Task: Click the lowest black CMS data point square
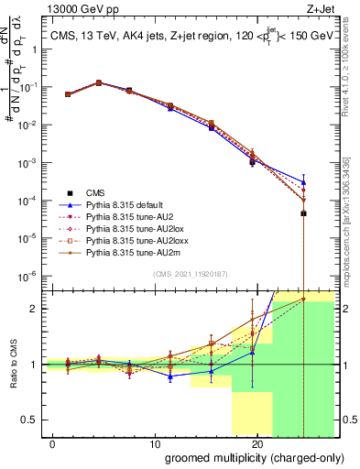303,213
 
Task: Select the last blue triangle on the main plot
303,181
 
